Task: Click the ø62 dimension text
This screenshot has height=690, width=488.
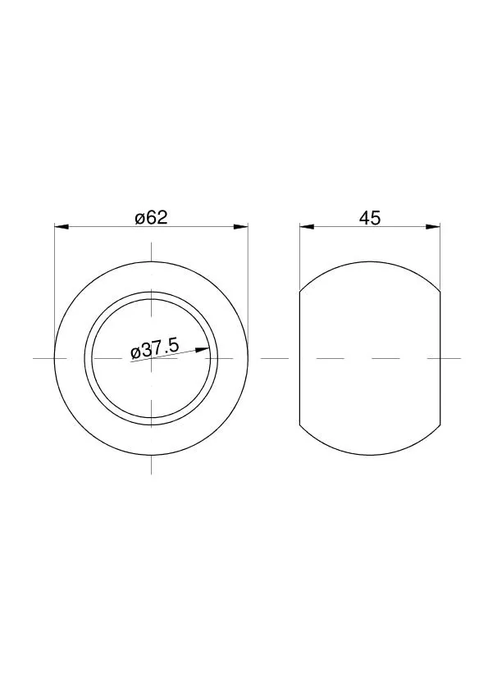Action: coord(152,217)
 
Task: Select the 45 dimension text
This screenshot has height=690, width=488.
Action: coord(370,218)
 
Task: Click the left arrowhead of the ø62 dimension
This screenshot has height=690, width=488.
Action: coord(62,227)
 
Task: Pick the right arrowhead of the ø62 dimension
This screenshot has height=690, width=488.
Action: coord(240,227)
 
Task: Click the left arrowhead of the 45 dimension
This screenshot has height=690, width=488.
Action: coord(307,227)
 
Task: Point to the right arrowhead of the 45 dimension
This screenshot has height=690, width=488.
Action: coord(433,227)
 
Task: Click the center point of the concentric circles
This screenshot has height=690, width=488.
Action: coord(151,358)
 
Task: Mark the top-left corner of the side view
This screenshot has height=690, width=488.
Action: coord(300,291)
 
